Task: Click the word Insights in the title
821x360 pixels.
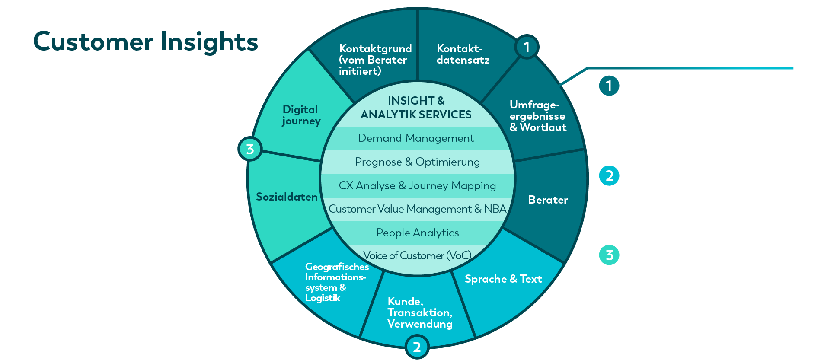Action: (x=209, y=42)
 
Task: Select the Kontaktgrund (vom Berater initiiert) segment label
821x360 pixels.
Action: (x=375, y=60)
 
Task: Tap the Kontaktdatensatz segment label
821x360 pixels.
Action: (x=463, y=54)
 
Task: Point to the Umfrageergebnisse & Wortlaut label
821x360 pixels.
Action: (x=538, y=116)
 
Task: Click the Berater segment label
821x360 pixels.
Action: (x=548, y=200)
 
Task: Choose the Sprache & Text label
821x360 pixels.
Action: (x=503, y=279)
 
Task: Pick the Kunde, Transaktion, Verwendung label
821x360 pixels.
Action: (x=420, y=312)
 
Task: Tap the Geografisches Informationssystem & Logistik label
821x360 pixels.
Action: (x=337, y=282)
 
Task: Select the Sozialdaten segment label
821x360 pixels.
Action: (x=287, y=197)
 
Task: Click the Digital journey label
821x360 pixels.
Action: (x=301, y=115)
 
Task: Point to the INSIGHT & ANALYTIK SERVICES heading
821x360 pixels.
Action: (x=416, y=108)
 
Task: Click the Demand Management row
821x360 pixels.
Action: (x=416, y=138)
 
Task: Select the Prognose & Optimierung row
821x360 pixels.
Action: (x=417, y=162)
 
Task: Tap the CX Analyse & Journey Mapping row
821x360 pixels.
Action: (x=417, y=186)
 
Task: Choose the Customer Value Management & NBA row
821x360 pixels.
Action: (x=417, y=209)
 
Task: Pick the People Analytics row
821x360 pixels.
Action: (x=417, y=233)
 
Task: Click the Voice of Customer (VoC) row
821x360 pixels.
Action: (x=417, y=256)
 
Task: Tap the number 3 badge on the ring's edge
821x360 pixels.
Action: (x=250, y=149)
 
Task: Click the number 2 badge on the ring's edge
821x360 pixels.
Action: (x=417, y=347)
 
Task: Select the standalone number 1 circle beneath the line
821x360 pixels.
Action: (x=609, y=86)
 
